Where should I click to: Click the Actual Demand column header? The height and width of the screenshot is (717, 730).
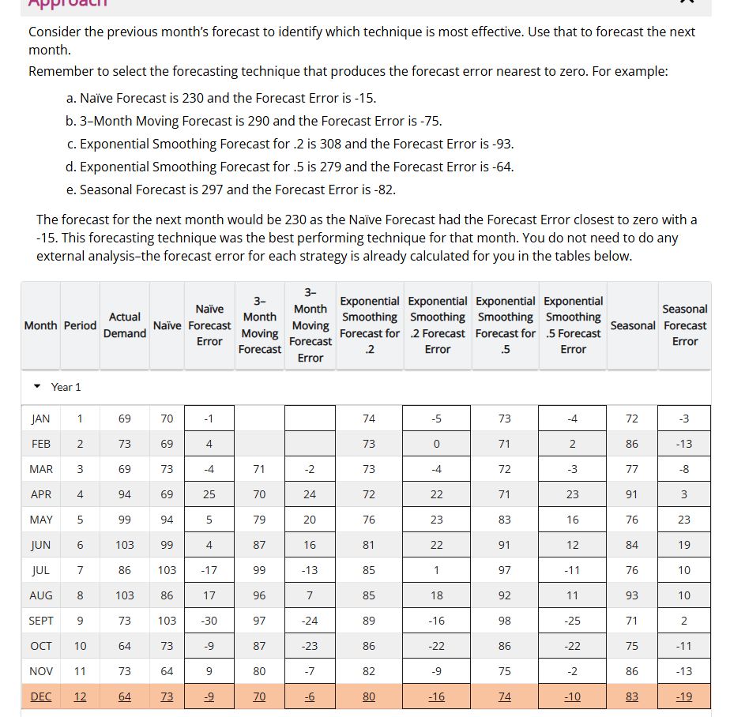pyautogui.click(x=125, y=325)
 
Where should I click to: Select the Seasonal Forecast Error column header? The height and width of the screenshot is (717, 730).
pyautogui.click(x=684, y=325)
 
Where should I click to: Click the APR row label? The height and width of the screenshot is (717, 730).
pyautogui.click(x=40, y=494)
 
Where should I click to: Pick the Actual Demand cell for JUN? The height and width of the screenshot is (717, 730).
pyautogui.click(x=125, y=545)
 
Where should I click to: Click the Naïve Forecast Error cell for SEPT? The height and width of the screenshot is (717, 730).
pyautogui.click(x=209, y=621)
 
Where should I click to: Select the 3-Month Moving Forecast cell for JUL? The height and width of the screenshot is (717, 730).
pyautogui.click(x=259, y=570)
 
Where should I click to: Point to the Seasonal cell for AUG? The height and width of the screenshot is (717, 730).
pyautogui.click(x=631, y=595)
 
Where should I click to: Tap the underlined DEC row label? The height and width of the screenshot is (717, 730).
pyautogui.click(x=40, y=696)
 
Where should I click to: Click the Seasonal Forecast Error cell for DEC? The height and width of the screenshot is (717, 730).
pyautogui.click(x=684, y=696)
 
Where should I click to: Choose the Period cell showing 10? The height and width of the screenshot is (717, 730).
pyautogui.click(x=80, y=646)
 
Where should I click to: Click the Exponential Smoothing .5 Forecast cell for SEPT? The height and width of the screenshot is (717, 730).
pyautogui.click(x=504, y=621)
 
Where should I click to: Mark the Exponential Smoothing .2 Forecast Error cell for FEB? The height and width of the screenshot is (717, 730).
pyautogui.click(x=437, y=444)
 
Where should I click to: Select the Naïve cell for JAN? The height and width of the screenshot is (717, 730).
pyautogui.click(x=167, y=419)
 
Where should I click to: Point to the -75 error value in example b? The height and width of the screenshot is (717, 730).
pyautogui.click(x=429, y=121)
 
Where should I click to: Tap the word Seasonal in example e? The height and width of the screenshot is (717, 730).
pyautogui.click(x=107, y=190)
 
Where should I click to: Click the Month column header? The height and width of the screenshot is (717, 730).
pyautogui.click(x=40, y=325)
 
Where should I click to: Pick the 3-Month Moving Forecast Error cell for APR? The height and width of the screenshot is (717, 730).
pyautogui.click(x=310, y=494)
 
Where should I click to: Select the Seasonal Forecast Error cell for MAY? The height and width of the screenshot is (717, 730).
pyautogui.click(x=684, y=520)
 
